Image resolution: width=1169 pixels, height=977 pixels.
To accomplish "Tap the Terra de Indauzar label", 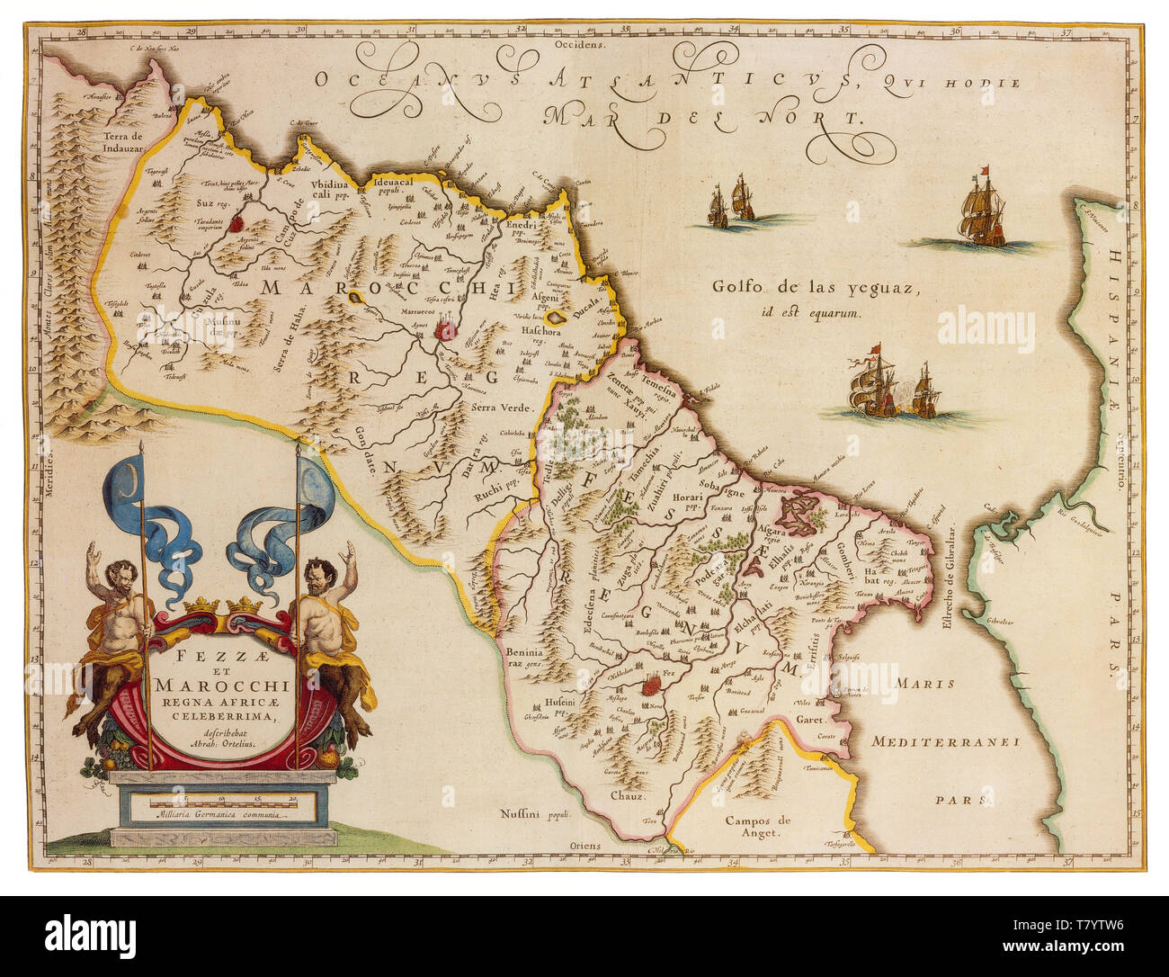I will [123, 142].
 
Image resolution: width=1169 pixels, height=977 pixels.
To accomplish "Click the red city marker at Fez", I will [655, 686].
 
